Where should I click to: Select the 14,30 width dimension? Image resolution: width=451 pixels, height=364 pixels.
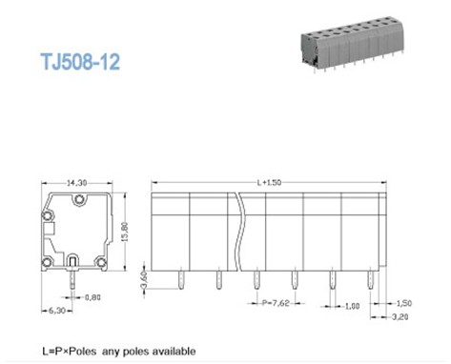click(76, 181)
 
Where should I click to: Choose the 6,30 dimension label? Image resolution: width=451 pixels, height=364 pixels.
click(56, 311)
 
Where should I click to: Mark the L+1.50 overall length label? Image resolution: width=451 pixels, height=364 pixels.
click(273, 181)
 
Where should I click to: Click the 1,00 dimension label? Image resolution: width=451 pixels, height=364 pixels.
click(353, 306)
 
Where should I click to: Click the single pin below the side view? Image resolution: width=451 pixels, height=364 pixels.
click(74, 278)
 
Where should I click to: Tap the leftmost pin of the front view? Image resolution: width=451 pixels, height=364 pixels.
click(181, 279)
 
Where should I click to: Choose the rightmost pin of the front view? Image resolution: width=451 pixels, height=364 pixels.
click(370, 279)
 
